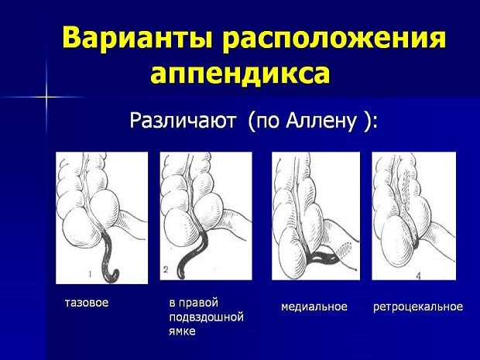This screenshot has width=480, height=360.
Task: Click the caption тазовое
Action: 87,303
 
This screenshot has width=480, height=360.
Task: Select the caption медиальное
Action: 314,307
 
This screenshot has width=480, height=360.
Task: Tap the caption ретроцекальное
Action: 418,307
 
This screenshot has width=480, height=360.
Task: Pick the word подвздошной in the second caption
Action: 206,317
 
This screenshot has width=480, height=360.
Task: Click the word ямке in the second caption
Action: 182,331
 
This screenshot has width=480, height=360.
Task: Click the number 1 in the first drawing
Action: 91,273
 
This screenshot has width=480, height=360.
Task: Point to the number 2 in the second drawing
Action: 166,269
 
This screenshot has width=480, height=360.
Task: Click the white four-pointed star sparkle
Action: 46,97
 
